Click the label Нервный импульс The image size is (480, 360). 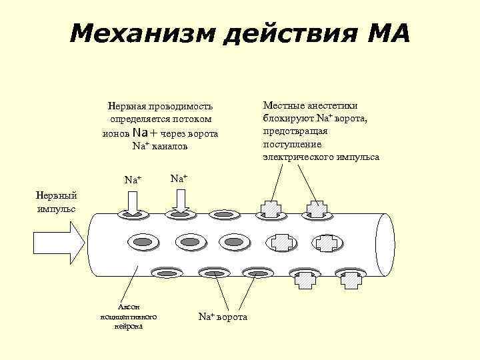click(56, 201)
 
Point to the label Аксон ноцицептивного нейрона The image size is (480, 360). click(127, 316)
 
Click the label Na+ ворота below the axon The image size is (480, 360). click(223, 317)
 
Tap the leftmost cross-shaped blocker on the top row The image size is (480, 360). click(271, 209)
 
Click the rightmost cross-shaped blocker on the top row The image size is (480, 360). click(316, 209)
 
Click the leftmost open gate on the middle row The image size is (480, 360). click(143, 240)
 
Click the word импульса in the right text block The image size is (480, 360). click(359, 157)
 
